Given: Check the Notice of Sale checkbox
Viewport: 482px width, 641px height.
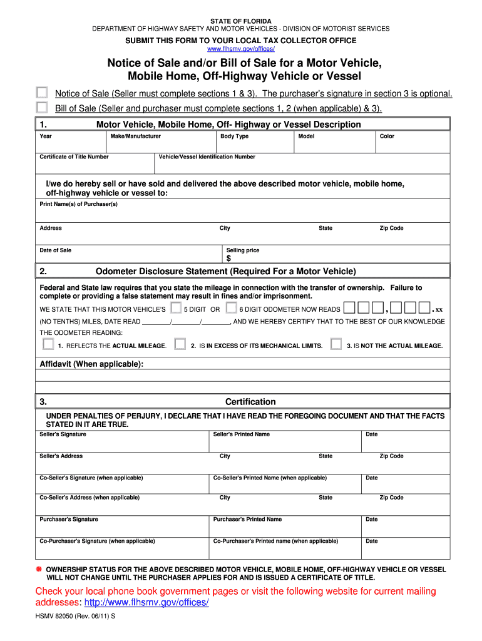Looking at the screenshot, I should tap(42, 93).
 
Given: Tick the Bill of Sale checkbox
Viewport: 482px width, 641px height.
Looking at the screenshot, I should tap(42, 108).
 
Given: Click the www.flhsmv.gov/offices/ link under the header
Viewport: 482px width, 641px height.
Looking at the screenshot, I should tap(240, 49).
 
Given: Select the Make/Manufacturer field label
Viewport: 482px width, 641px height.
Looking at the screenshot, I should tap(135, 136).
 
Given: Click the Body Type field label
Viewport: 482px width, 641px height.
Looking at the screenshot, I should tap(234, 136).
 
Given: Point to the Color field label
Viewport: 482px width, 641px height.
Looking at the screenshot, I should tap(387, 136).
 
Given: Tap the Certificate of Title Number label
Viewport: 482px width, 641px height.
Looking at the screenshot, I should tap(74, 157).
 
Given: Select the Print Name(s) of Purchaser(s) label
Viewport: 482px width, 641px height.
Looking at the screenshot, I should tap(78, 204).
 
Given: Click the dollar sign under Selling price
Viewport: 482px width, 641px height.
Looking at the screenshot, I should tap(228, 259).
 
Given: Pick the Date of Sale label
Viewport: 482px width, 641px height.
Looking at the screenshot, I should tap(56, 250).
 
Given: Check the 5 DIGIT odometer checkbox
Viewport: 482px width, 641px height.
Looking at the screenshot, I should tap(176, 308).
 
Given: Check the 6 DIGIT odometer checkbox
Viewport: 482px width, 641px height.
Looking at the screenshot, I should tap(231, 308).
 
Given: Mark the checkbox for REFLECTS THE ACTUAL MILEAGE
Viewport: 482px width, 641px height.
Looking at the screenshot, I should tap(48, 344).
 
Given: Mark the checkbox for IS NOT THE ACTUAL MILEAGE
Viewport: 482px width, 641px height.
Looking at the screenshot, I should tap(336, 344).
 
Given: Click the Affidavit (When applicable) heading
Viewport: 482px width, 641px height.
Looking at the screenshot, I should tap(91, 364).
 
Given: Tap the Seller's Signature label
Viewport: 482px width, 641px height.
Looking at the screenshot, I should tap(63, 434).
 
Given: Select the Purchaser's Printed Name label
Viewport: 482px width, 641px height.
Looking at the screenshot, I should tap(247, 520).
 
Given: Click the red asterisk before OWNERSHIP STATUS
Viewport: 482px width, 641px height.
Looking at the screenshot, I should tap(39, 570).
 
